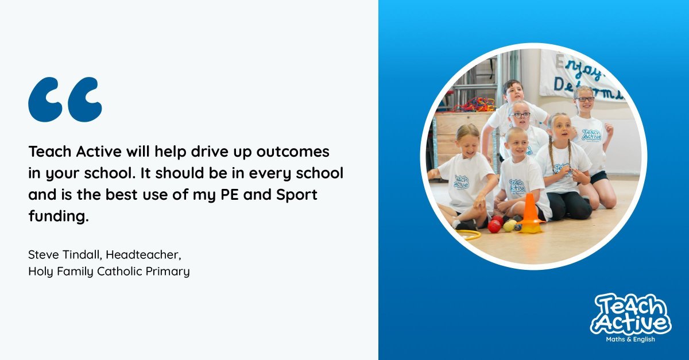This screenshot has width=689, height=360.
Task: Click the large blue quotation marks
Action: (65, 100)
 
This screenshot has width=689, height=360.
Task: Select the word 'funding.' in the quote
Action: (59, 217)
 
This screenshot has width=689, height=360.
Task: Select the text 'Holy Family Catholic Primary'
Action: (109, 271)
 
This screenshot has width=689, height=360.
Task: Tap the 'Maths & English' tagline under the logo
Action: (630, 339)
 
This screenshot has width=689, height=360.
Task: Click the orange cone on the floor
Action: (530, 214)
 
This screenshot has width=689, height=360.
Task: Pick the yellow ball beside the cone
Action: (509, 226)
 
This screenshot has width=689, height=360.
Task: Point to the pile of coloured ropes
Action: (474, 104)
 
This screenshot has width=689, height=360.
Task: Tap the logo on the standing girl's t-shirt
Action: (591, 135)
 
